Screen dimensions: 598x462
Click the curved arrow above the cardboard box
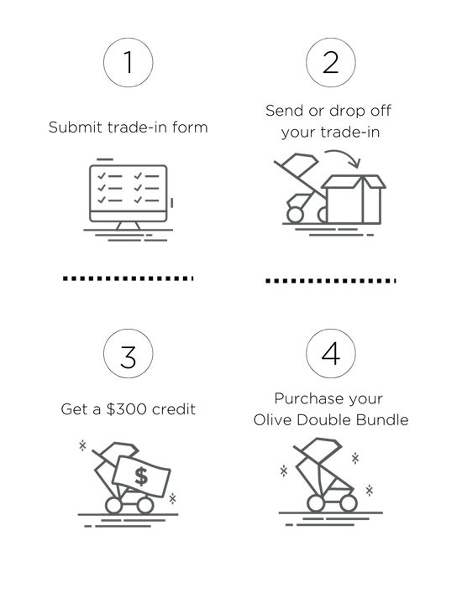click(342, 155)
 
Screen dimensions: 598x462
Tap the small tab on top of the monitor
click(105, 159)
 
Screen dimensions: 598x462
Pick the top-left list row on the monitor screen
click(108, 175)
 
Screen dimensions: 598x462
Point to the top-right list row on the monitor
click(146, 175)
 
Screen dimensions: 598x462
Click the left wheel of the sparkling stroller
click(312, 502)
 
